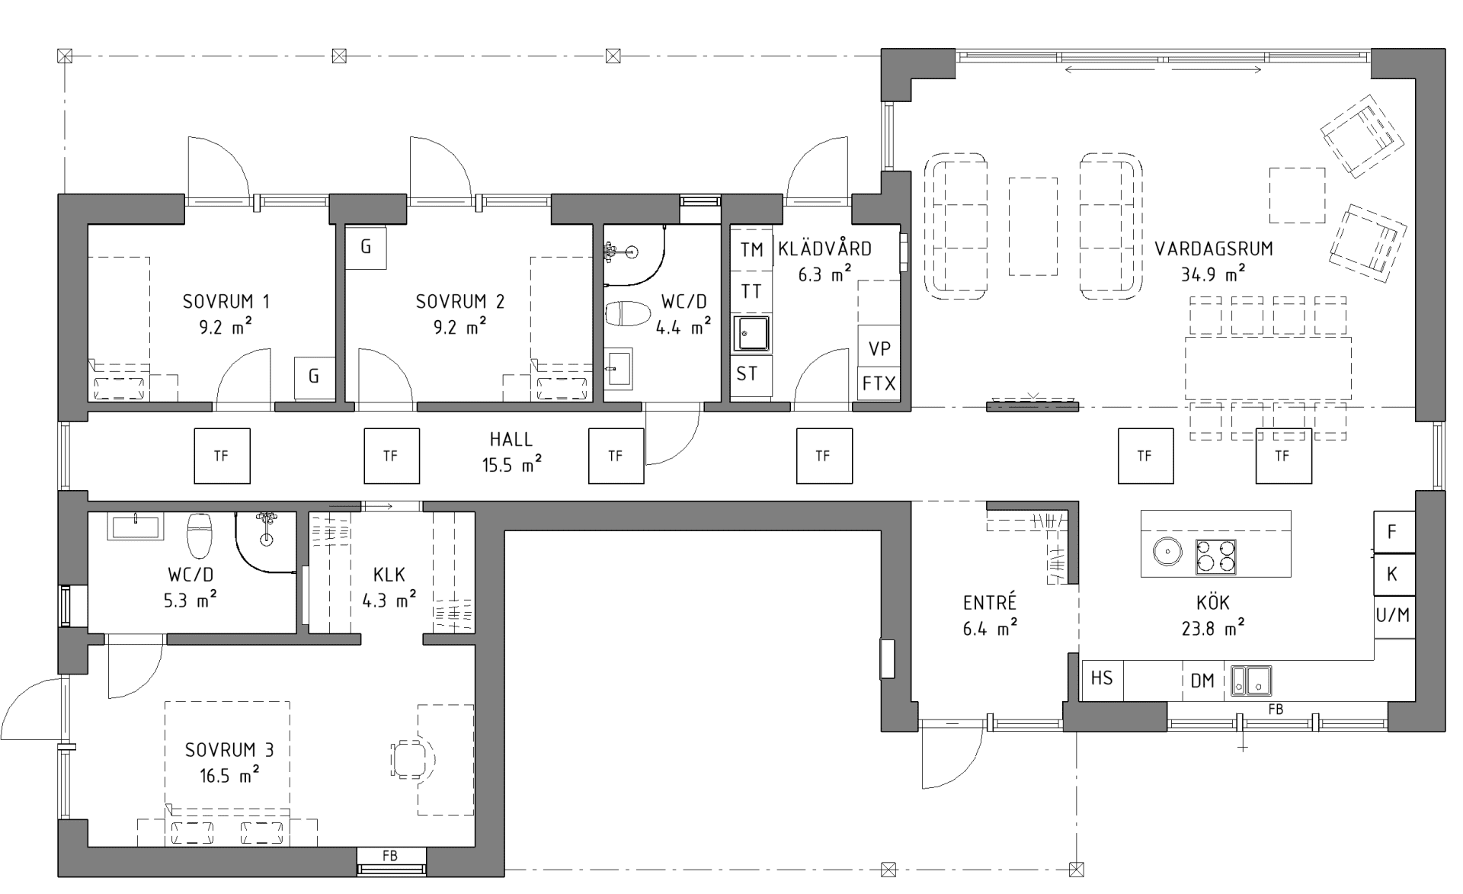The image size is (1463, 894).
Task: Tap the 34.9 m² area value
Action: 1213,274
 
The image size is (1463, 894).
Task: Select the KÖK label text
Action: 1213,603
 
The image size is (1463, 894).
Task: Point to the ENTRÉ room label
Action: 990,603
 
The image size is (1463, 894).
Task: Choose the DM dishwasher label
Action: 1202,680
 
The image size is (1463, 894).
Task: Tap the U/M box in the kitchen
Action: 1394,615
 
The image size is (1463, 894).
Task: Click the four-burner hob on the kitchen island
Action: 1215,556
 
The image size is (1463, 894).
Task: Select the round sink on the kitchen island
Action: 1165,549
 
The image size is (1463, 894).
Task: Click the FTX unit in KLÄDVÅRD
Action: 879,383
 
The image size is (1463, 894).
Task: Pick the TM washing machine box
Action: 751,249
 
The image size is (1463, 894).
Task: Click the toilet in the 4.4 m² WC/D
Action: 628,313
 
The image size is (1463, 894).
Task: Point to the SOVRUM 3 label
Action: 229,750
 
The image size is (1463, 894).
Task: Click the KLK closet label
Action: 389,574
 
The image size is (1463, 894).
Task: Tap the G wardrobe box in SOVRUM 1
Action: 314,377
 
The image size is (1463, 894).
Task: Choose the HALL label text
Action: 511,440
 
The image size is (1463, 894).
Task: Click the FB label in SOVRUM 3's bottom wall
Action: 389,855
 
